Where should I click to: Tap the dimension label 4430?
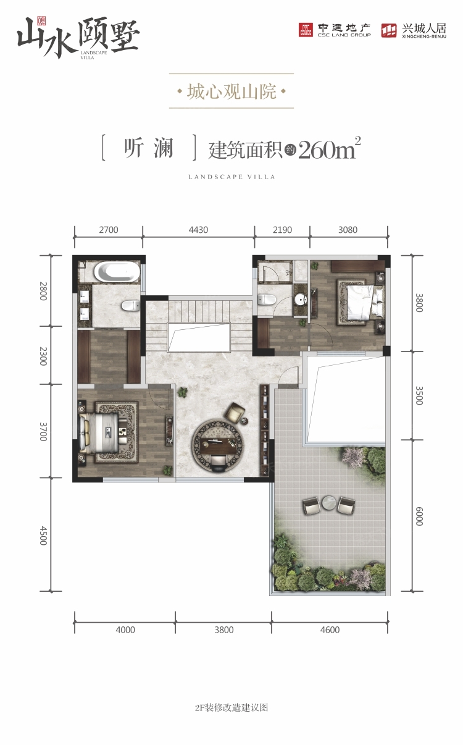click(198, 230)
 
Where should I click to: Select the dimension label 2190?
click(282, 230)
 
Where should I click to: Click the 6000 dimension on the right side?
click(419, 516)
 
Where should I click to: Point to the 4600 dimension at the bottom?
click(330, 630)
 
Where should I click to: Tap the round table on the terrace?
click(330, 505)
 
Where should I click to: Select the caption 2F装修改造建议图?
click(231, 708)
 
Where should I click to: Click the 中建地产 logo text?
click(344, 28)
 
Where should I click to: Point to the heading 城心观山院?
click(231, 92)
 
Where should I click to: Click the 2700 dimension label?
click(108, 230)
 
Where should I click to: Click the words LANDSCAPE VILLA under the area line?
click(231, 177)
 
